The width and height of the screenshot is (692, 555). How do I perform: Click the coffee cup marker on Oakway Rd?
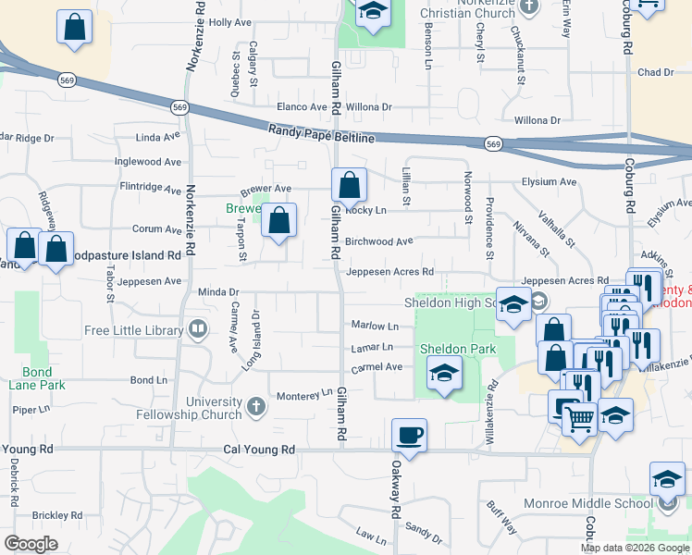(409, 435)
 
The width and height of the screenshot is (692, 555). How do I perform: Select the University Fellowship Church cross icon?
(257, 405)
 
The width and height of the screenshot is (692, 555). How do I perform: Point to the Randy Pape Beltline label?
(321, 134)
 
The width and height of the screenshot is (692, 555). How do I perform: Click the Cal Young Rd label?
(259, 450)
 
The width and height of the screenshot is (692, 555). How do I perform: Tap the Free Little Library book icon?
(196, 329)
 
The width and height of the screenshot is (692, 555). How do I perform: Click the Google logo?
(31, 544)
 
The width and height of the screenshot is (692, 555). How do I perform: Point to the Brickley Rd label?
(57, 515)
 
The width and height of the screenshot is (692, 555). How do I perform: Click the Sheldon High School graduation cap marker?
(513, 305)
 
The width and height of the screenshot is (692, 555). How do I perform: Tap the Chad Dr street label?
(655, 72)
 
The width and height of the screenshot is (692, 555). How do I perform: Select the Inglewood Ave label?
(147, 162)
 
